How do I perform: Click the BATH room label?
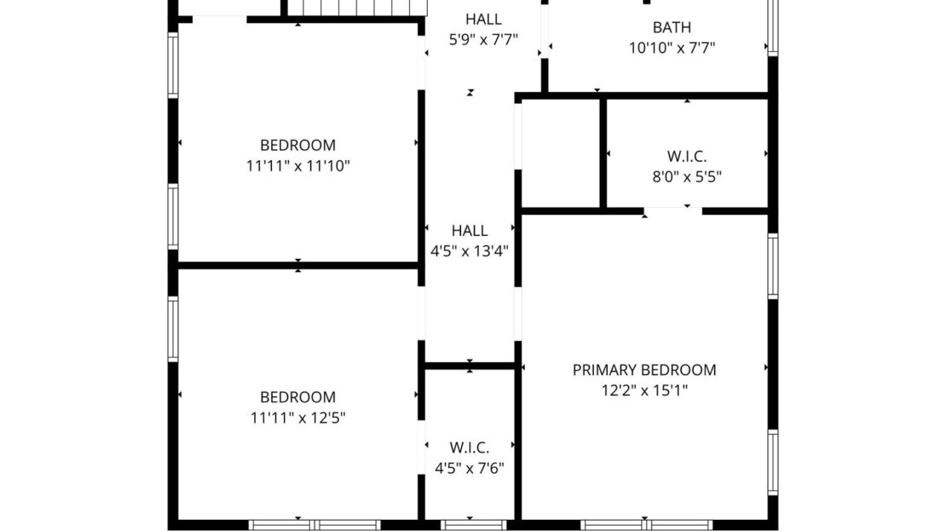(x=672, y=27)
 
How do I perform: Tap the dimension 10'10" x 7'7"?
(x=672, y=49)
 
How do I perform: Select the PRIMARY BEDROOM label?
(x=643, y=370)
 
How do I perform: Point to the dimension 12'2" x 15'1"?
(x=643, y=391)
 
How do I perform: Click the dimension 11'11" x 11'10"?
(x=297, y=166)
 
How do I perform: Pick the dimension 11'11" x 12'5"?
(x=297, y=418)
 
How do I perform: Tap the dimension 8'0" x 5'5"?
(x=686, y=176)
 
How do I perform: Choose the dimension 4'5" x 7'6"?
(x=469, y=468)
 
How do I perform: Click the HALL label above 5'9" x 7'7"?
(x=483, y=19)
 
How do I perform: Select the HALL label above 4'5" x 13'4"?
(x=470, y=230)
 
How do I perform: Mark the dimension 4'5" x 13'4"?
(x=470, y=251)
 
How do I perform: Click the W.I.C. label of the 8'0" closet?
(x=686, y=156)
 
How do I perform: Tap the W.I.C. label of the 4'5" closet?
(x=469, y=447)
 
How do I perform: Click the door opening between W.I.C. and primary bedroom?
(x=672, y=209)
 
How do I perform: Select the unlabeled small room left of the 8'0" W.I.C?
(x=561, y=153)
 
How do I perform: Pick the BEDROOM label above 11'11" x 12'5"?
(x=297, y=397)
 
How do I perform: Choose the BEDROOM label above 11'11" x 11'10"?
(x=297, y=145)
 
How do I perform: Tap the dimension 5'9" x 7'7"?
(x=483, y=39)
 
